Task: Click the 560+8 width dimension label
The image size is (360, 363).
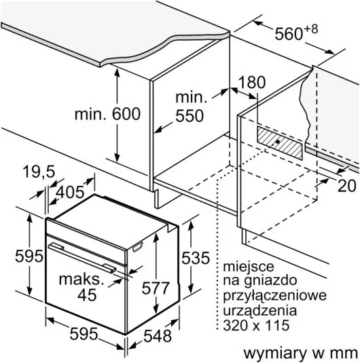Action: (x=296, y=33)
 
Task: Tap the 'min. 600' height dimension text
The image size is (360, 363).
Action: (x=107, y=114)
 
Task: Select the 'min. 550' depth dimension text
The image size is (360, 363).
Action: (x=191, y=107)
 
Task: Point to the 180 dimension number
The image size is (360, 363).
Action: (x=252, y=82)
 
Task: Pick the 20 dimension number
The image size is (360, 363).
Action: (x=346, y=185)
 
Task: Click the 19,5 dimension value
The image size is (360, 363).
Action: (x=39, y=172)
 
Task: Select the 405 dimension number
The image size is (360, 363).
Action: (x=70, y=192)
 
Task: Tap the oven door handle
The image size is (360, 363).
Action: (x=82, y=258)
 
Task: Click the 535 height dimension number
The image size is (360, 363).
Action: (x=196, y=258)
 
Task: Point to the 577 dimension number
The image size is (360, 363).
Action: (x=156, y=288)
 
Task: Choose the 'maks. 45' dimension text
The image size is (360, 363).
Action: (x=82, y=287)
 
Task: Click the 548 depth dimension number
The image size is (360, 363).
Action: (x=158, y=336)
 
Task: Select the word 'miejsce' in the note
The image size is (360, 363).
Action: (x=249, y=267)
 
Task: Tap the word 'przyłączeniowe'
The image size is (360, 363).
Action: (x=274, y=296)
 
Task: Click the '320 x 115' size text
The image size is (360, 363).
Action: (x=256, y=325)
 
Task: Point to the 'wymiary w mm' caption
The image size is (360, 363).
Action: (x=301, y=354)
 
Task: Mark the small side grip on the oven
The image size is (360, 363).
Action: (x=137, y=246)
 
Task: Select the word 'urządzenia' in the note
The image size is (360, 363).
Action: (x=260, y=311)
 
